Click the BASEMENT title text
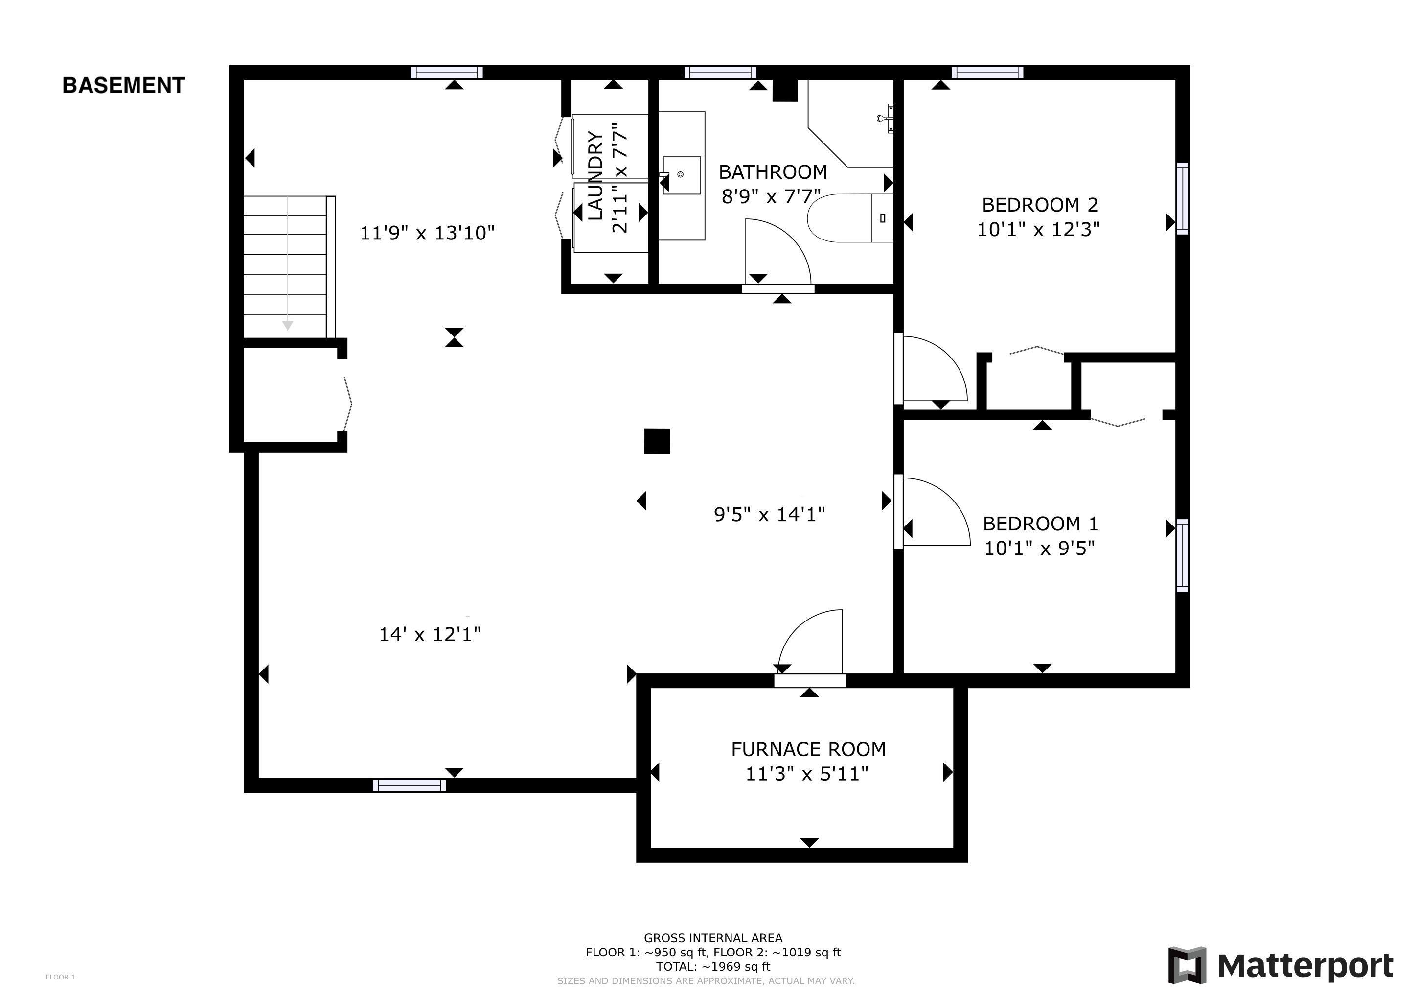coord(123,85)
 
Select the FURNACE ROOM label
coord(808,749)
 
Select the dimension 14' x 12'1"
coord(430,634)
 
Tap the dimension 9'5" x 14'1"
coord(770,514)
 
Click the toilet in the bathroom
coord(850,218)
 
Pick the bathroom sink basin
coord(682,175)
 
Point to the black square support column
coord(657,441)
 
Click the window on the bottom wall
coord(409,786)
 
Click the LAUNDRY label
coord(595,175)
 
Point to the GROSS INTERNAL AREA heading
coord(713,938)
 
